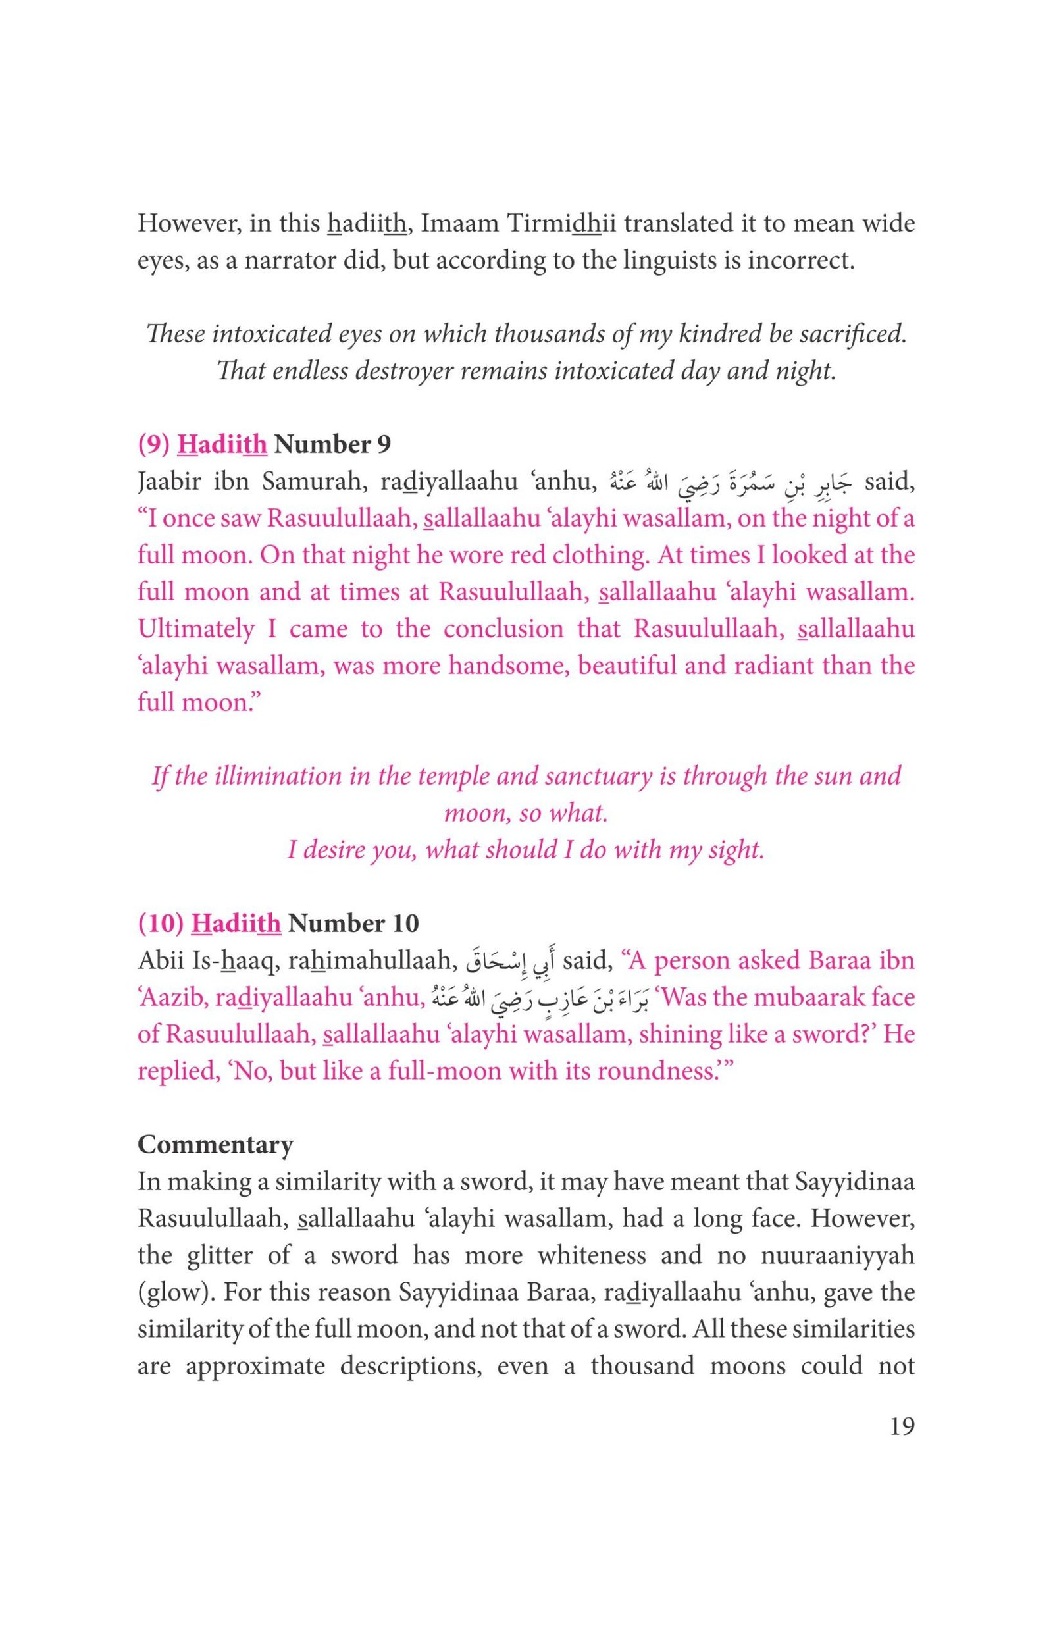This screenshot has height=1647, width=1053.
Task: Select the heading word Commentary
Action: pos(215,1144)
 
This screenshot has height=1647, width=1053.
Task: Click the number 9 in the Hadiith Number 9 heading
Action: pos(384,445)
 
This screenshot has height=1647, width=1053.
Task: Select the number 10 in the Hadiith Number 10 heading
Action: pos(405,924)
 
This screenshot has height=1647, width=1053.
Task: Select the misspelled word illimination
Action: pos(249,776)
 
